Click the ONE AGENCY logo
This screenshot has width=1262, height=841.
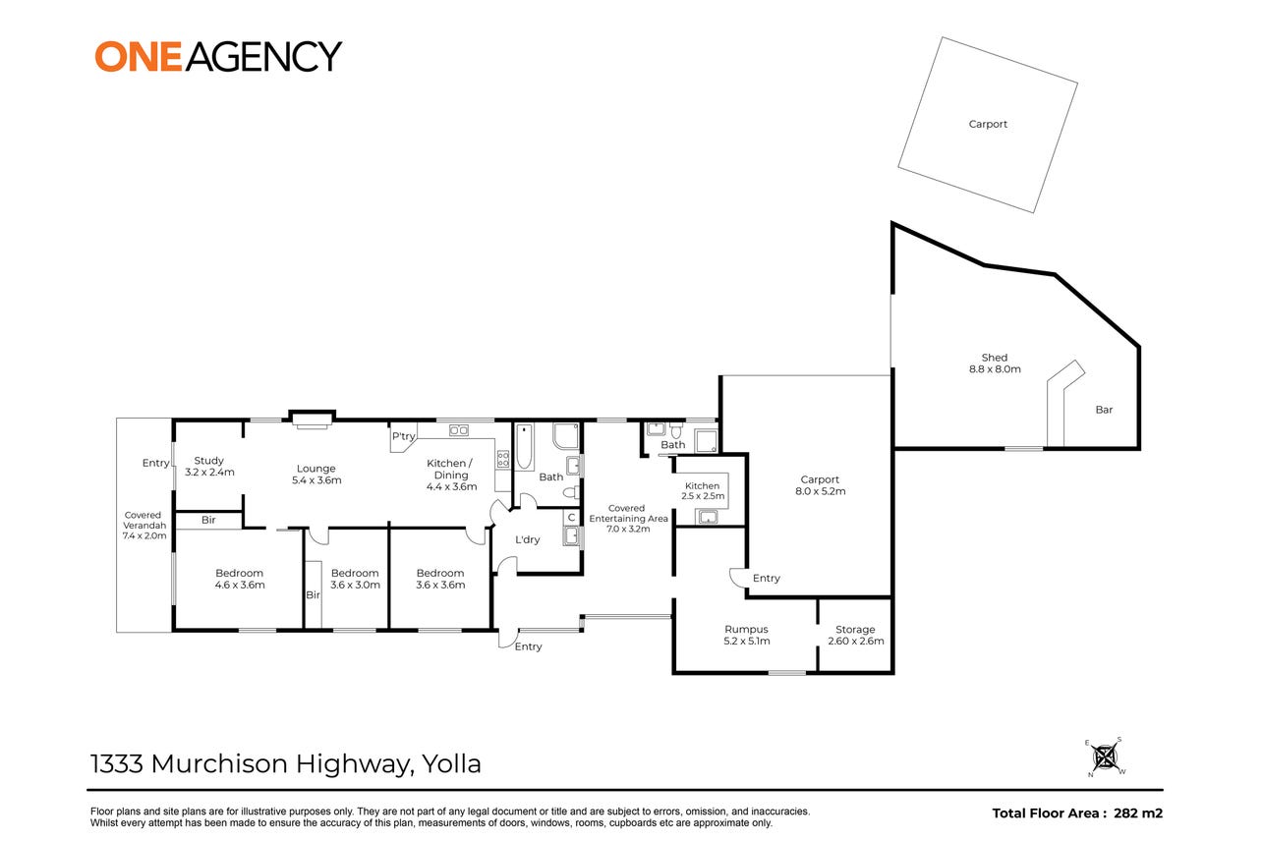point(218,56)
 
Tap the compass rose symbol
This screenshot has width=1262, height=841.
point(1105,757)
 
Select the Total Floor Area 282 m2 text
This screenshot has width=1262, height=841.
point(1077,813)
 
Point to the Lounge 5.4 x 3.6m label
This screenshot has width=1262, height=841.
point(316,475)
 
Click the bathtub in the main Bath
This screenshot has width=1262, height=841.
point(524,447)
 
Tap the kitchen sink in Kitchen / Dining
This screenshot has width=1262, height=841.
point(459,430)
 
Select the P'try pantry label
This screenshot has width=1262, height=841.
point(403,436)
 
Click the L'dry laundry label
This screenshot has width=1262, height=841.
point(528,539)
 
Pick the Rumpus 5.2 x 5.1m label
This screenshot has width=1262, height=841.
point(747,635)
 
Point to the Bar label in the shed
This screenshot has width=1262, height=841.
point(1105,410)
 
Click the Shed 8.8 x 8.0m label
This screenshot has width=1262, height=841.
point(995,364)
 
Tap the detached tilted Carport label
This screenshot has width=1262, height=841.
point(988,124)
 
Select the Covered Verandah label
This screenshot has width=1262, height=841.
point(144,525)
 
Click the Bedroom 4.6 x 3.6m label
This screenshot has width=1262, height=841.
point(240,579)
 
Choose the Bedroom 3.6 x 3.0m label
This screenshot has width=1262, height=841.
point(355,579)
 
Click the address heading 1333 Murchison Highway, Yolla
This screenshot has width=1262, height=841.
point(286,763)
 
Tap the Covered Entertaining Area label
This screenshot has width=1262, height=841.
point(628,518)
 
